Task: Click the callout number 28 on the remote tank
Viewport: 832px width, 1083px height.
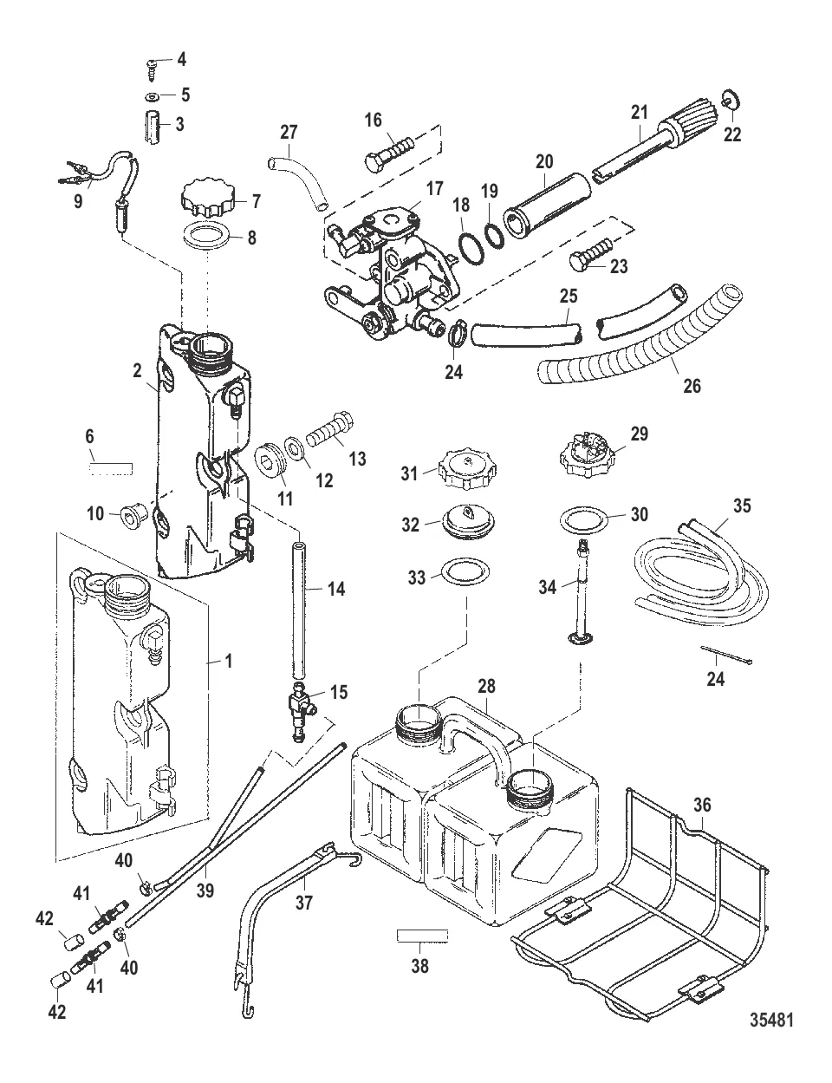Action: click(486, 686)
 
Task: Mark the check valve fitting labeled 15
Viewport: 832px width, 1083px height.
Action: click(300, 708)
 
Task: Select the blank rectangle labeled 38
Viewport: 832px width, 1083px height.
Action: click(421, 936)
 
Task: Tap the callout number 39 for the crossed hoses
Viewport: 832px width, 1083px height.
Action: click(205, 890)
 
